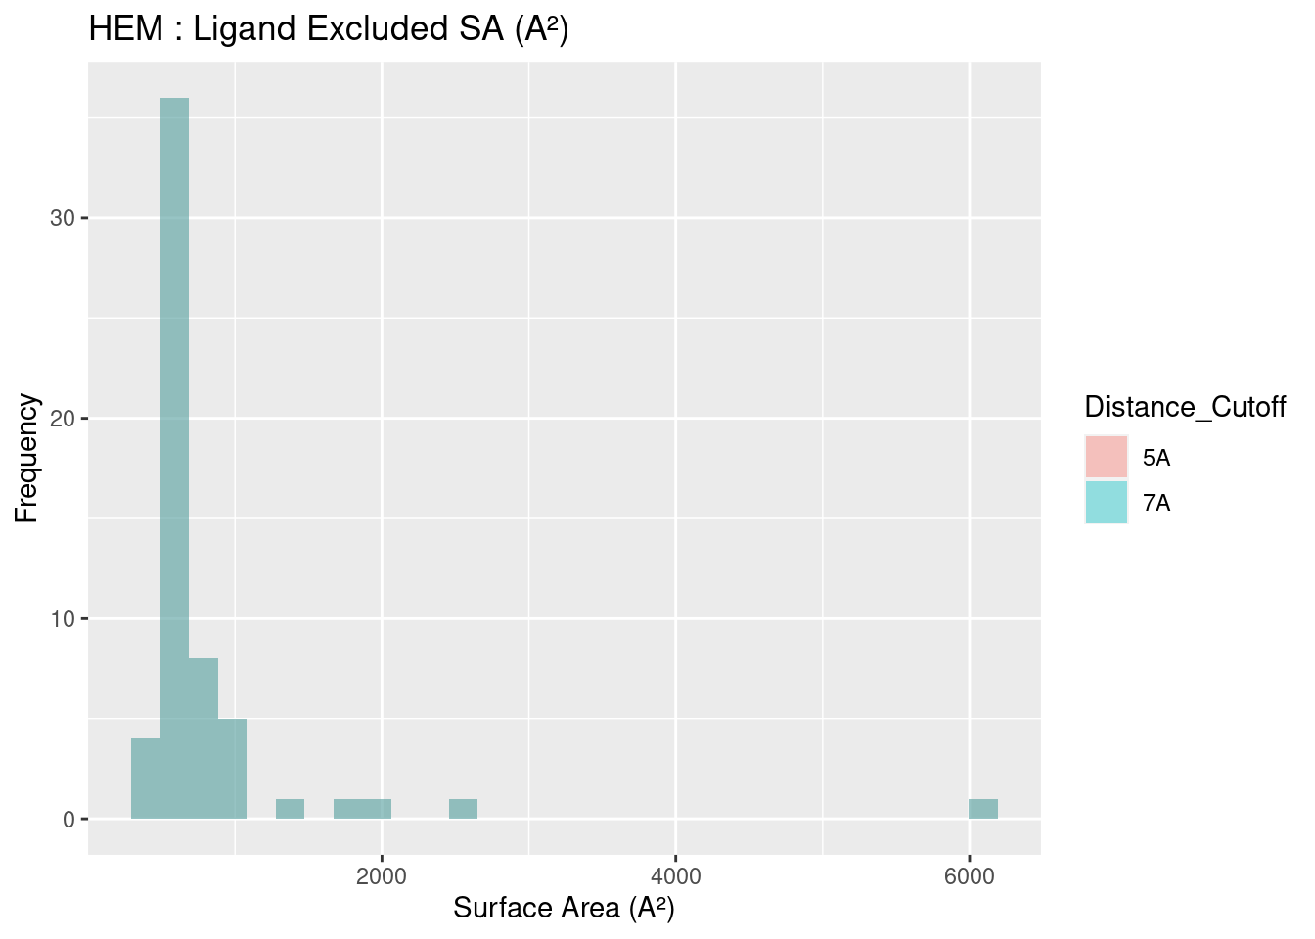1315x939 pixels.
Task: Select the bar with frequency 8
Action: (204, 738)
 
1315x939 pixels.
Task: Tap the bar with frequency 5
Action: (233, 769)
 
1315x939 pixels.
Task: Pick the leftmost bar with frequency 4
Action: (146, 779)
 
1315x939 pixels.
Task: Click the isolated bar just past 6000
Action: (983, 809)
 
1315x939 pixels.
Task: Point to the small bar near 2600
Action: (463, 809)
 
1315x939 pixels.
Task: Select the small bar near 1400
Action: (290, 809)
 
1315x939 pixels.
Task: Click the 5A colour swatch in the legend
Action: (1107, 457)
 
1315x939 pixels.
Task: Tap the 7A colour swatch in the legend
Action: (1107, 503)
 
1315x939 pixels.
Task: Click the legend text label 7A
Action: (1156, 504)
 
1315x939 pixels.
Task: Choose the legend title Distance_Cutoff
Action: (1185, 407)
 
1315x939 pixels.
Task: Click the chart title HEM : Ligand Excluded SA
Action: (329, 29)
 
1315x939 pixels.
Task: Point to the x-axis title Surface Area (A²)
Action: (564, 909)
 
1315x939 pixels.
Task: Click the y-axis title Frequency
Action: (26, 458)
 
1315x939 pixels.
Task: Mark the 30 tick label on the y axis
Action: (63, 218)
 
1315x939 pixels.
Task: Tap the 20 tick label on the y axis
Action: (63, 419)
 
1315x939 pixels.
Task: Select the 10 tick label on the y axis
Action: (63, 619)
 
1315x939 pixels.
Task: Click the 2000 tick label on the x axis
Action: (382, 875)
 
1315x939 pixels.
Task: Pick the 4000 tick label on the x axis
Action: (676, 875)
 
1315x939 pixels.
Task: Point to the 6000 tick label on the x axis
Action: (970, 875)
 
